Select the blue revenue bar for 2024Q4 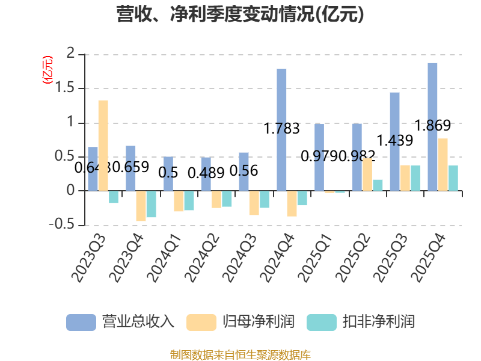(281, 129)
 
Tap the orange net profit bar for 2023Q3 (103, 145)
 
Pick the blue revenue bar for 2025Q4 (432, 126)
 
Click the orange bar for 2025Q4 (443, 164)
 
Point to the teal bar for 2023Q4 (151, 205)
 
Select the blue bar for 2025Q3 (394, 141)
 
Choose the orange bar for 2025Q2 (367, 174)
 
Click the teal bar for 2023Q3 (114, 197)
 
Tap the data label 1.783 (281, 128)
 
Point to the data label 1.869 (433, 126)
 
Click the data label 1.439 (394, 141)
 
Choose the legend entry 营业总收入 (120, 321)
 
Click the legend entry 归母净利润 (240, 321)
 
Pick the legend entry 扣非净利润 (361, 321)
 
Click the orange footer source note (240, 354)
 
